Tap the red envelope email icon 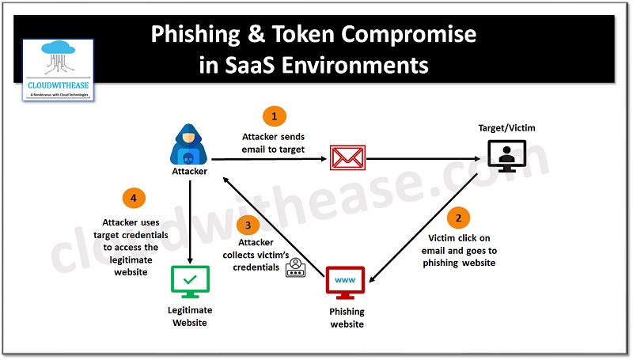pos(347,158)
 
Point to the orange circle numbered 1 pos(274,117)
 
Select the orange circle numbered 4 pos(133,198)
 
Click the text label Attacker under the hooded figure pos(190,171)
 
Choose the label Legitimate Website pos(190,316)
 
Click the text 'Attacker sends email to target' pos(274,143)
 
